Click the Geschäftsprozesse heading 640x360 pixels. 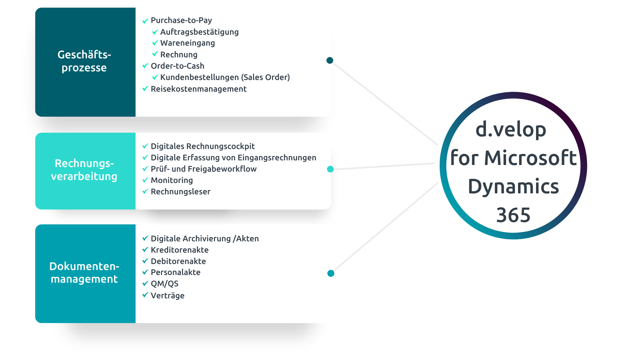84,61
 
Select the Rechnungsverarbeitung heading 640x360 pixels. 84,170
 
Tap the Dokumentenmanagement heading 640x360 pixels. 84,272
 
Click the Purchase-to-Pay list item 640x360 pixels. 181,20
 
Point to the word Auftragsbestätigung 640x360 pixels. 199,32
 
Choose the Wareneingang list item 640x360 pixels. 187,43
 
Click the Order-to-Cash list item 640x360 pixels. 177,66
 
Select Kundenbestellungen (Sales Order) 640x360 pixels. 225,77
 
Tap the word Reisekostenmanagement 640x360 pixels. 198,89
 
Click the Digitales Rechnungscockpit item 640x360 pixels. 202,146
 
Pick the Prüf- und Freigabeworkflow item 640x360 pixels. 203,169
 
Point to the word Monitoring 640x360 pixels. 172,180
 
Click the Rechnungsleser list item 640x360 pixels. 180,192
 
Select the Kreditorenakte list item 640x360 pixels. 179,250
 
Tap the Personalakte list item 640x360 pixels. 175,272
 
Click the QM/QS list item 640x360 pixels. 164,284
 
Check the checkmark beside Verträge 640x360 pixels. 145,295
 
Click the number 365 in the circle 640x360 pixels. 513,215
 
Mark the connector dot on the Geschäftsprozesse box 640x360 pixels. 330,60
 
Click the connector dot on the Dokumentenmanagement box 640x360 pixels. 331,273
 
